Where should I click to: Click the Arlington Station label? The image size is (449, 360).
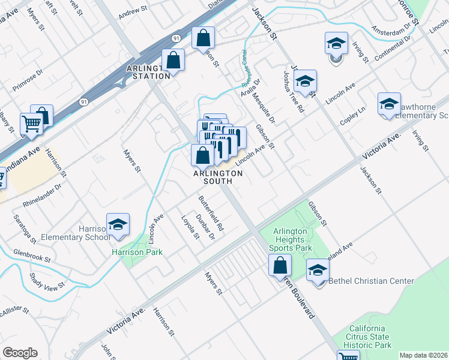point(148,73)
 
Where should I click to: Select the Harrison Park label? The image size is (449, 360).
point(137,252)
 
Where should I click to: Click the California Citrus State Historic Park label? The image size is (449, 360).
point(367,337)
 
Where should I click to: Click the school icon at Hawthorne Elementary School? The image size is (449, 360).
point(389,104)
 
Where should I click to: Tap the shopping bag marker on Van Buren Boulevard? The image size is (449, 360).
point(280,265)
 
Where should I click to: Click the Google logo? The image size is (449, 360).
point(20,353)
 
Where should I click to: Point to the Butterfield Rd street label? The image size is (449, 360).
point(211,214)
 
